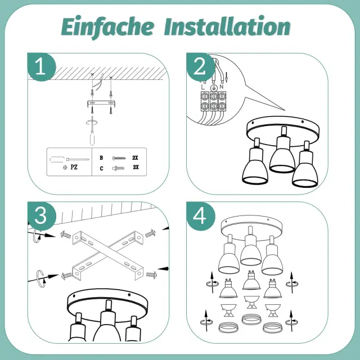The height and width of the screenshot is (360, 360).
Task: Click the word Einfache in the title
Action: point(107,26)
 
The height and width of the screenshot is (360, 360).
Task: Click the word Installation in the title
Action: point(227,26)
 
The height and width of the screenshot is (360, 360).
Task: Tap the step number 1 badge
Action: point(41,67)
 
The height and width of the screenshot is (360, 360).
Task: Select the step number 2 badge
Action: point(200,67)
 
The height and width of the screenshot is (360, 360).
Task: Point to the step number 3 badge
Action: point(42,216)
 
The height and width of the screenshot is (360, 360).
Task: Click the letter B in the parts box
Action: point(101,157)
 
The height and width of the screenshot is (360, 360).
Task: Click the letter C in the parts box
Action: point(101,169)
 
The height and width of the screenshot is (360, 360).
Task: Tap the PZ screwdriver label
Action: point(74,167)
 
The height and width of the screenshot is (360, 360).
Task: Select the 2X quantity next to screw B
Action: point(135,157)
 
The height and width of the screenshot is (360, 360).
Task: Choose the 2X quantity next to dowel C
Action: point(136,167)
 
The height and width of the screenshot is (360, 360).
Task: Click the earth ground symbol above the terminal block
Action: point(214,87)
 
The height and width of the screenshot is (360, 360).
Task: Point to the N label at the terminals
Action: point(221,87)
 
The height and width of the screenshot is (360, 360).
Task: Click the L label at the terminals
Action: point(202,87)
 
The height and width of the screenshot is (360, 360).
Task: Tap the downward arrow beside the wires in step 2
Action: point(226,77)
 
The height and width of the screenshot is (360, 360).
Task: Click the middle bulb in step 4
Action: point(251,280)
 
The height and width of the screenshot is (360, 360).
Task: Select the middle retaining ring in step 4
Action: point(251,319)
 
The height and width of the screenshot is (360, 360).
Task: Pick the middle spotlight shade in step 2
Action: point(282,155)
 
